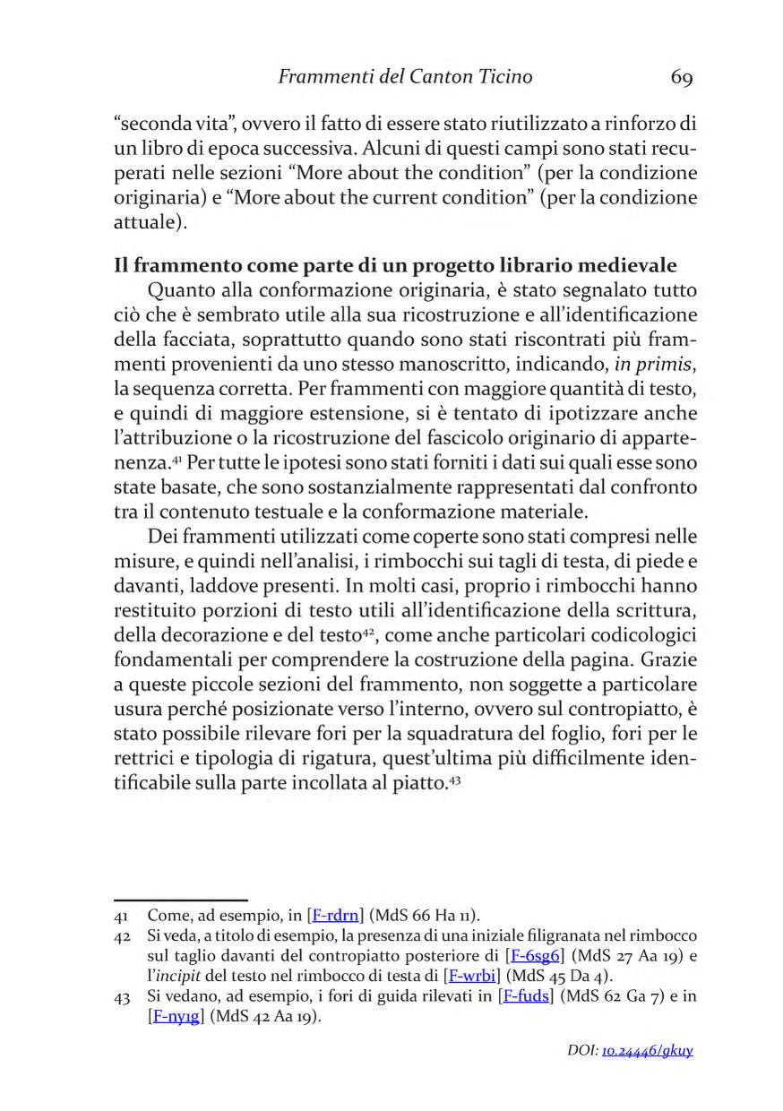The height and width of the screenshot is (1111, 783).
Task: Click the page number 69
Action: point(681,78)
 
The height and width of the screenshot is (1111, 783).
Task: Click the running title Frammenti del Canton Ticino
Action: point(405,77)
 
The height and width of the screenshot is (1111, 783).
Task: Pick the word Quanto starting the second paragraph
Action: point(181,290)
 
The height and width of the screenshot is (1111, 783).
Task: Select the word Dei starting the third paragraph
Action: point(163,537)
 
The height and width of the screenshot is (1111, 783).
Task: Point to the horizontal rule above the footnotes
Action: point(181,899)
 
